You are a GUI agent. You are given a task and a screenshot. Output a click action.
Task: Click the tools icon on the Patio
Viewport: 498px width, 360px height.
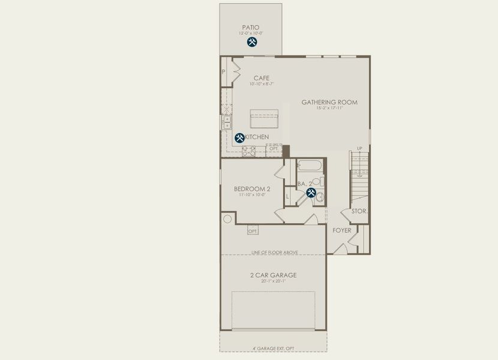252,42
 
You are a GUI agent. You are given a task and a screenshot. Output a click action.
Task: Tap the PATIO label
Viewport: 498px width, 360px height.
251,27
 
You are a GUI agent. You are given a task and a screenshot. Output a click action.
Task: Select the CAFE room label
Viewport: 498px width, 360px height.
261,78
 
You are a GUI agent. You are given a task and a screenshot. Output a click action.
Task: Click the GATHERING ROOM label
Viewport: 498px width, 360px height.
329,102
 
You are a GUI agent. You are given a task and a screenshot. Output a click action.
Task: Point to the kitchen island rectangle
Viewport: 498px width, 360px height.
264,118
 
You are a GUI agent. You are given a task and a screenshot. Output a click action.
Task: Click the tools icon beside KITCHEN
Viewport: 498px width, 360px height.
239,137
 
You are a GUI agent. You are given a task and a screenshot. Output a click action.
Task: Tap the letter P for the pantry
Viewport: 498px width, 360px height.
223,71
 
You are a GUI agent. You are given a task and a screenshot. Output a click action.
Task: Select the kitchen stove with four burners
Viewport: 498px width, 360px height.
250,151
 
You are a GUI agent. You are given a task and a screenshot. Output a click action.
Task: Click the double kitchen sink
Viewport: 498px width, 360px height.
226,122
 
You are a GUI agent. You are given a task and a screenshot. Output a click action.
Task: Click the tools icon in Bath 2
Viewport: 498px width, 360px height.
311,193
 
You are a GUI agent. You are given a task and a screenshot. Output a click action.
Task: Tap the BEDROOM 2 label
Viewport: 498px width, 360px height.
252,189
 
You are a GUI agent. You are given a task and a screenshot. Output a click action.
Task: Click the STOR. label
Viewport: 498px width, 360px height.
359,211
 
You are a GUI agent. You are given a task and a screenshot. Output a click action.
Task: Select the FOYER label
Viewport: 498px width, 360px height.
342,230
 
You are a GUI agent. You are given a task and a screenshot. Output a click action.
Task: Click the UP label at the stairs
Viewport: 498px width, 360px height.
359,148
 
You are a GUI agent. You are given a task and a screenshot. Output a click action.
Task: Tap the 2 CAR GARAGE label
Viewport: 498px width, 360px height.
274,275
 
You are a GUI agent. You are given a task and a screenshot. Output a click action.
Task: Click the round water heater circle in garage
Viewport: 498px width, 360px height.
227,219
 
